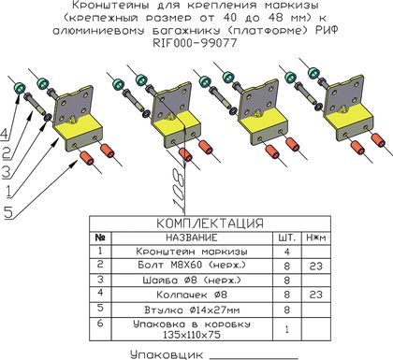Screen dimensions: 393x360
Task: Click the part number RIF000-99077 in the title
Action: (x=196, y=43)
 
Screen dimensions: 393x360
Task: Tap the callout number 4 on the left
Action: (x=5, y=135)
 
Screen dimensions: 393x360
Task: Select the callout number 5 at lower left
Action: (x=7, y=212)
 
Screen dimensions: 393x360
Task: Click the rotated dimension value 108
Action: (x=180, y=189)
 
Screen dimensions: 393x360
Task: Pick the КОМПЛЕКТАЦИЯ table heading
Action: (x=210, y=223)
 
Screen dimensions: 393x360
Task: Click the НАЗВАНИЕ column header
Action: (x=192, y=238)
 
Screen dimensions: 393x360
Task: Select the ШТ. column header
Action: (x=286, y=238)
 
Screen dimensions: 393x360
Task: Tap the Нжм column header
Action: (x=316, y=238)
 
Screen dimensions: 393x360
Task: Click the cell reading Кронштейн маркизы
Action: (x=192, y=252)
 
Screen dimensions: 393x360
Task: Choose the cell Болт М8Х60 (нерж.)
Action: (x=192, y=265)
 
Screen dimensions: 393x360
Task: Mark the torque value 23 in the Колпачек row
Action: (x=315, y=295)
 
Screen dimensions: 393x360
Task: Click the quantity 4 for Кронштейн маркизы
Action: (x=287, y=252)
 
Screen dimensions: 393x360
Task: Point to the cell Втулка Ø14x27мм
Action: (x=192, y=310)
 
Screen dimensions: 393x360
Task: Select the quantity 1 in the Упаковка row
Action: (x=287, y=329)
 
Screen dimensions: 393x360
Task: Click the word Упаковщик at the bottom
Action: (x=167, y=354)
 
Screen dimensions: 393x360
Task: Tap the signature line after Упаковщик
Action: (x=254, y=358)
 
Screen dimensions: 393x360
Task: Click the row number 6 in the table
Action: (x=100, y=323)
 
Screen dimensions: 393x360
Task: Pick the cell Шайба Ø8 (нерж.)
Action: (x=192, y=281)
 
